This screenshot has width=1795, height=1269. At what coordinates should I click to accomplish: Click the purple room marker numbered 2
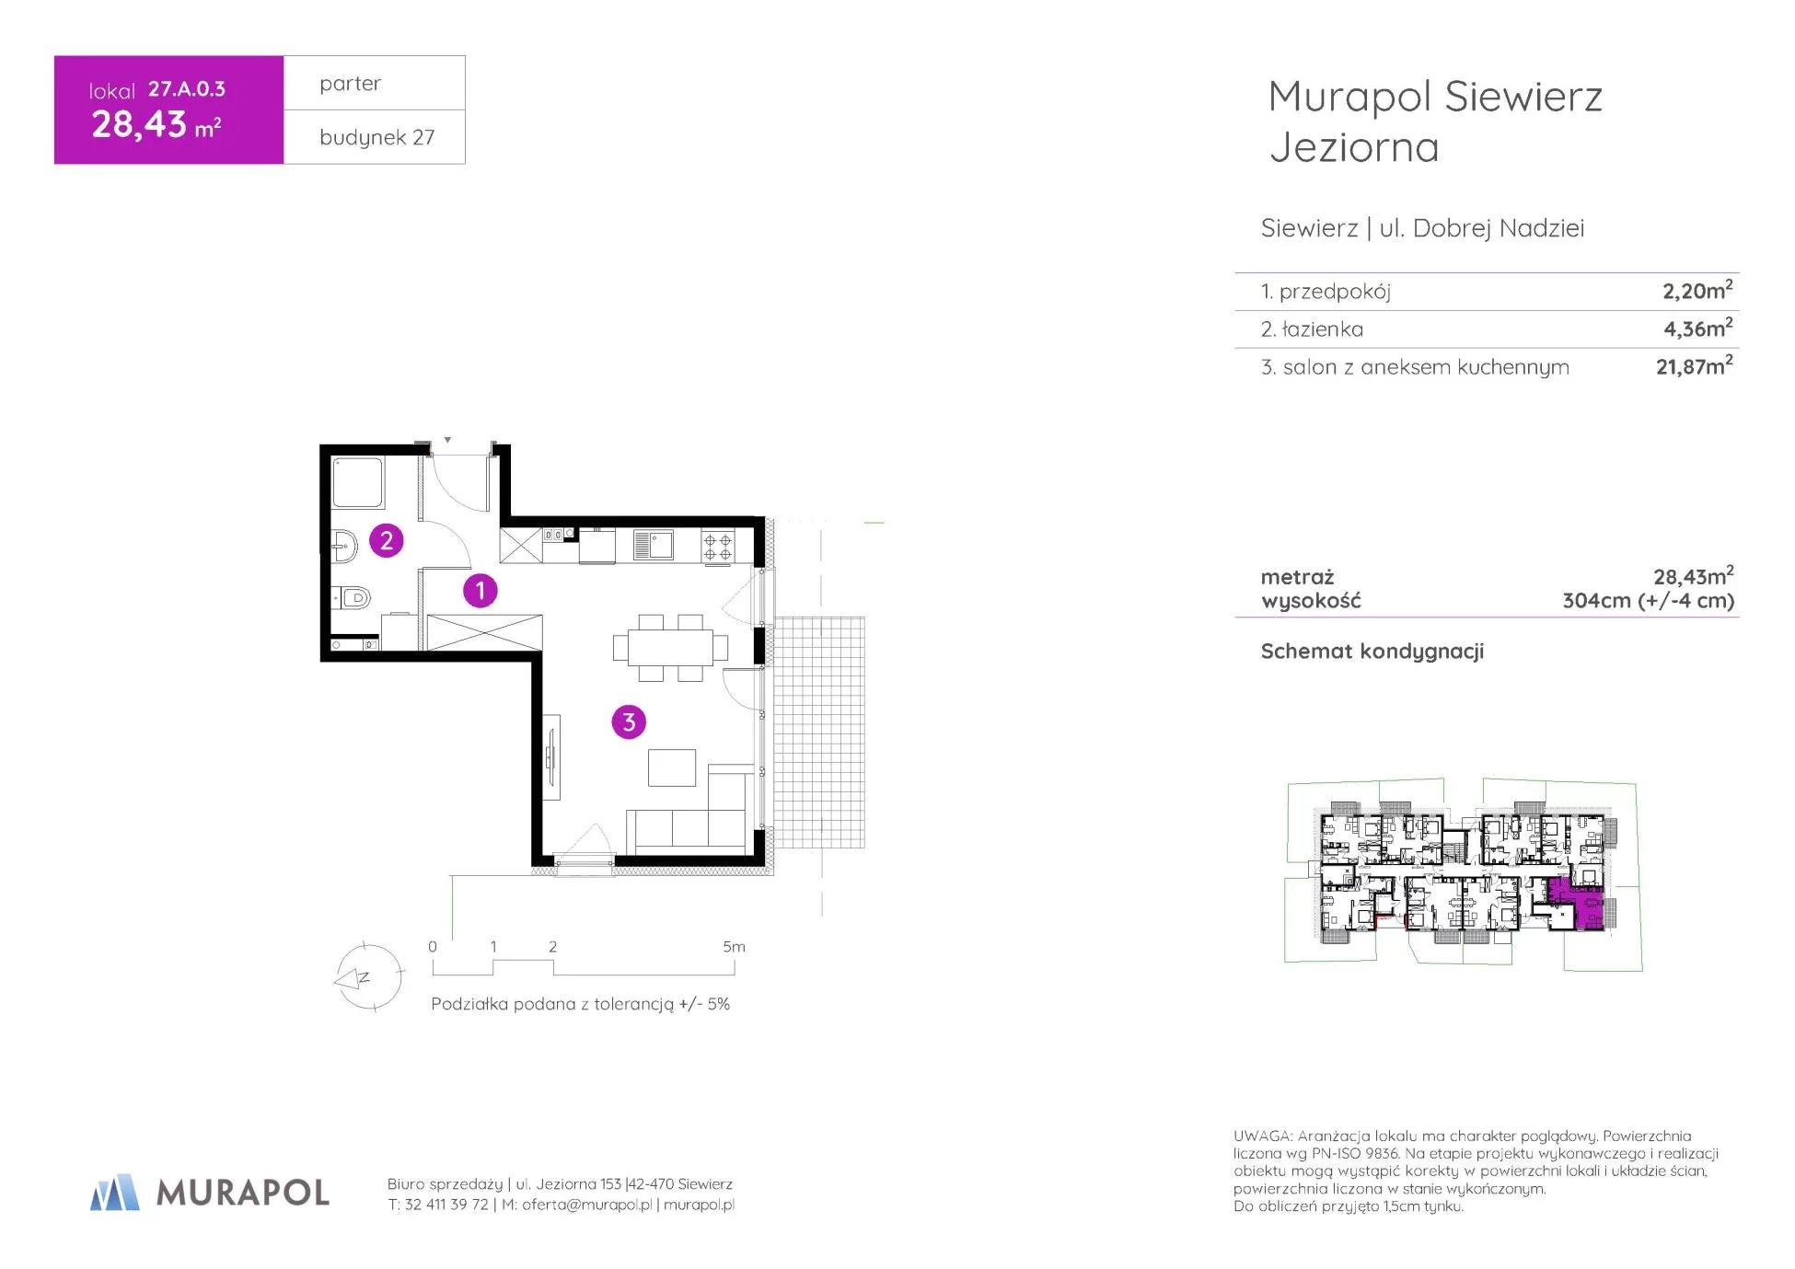[x=387, y=540]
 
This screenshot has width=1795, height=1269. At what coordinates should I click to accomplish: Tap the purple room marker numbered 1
[x=480, y=591]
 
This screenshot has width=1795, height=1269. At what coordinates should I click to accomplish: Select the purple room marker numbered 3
[x=629, y=722]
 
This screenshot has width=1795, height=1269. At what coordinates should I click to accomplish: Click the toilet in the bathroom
[x=351, y=598]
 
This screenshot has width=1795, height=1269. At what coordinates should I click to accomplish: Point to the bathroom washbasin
[x=344, y=546]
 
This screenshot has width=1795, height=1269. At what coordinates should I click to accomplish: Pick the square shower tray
[x=357, y=482]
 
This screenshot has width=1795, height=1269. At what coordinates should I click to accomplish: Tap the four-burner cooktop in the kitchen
[x=718, y=546]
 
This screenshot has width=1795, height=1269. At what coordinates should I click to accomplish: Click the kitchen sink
[x=654, y=546]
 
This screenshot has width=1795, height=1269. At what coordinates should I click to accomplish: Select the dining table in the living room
[x=670, y=647]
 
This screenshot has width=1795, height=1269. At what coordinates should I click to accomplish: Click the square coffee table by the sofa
[x=672, y=767]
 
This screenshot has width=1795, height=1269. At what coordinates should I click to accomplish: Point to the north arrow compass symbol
[x=368, y=977]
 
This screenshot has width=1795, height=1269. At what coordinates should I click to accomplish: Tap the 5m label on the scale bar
[x=734, y=946]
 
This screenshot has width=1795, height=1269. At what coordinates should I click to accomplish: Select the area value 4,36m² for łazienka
[x=1697, y=328]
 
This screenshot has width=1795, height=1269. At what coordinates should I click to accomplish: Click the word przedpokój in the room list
[x=1335, y=292]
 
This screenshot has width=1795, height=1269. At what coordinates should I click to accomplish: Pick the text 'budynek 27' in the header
[x=376, y=138]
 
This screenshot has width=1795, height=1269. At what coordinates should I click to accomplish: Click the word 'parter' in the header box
[x=350, y=84]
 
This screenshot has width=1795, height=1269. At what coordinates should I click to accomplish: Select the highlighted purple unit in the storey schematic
[x=1577, y=904]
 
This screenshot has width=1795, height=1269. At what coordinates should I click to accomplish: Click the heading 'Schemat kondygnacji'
[x=1372, y=652]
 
